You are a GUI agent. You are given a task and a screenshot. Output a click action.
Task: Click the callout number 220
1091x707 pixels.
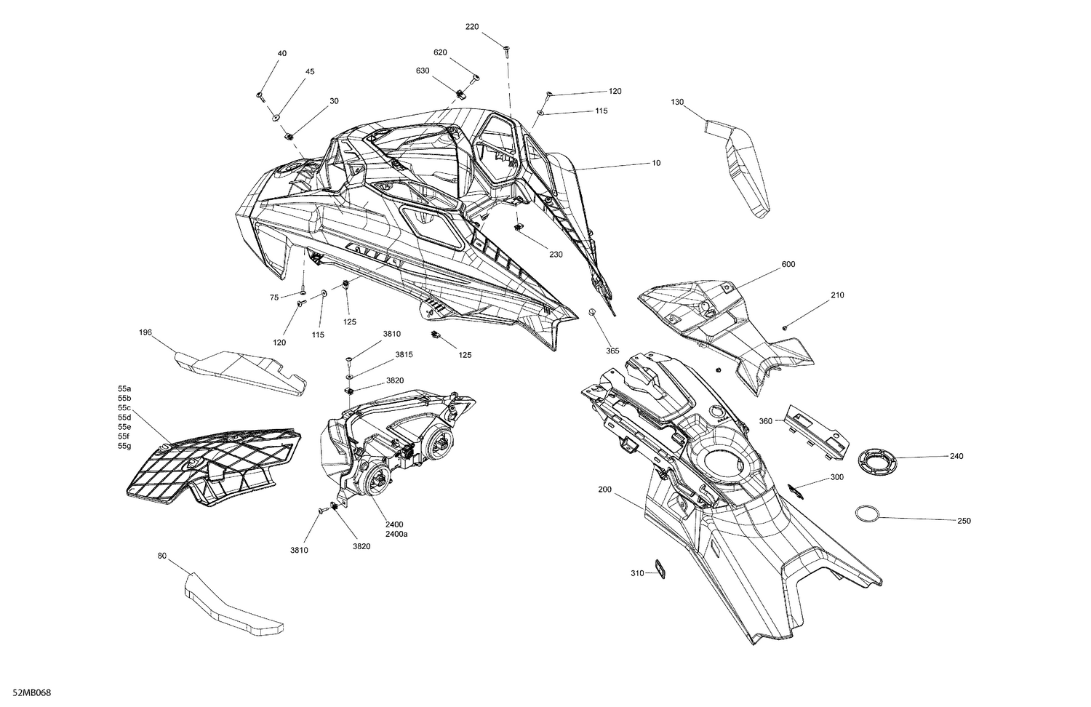click(472, 27)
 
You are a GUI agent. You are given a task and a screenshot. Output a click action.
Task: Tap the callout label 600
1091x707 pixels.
click(788, 264)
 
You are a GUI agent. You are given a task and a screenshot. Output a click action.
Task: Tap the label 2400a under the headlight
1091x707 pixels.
click(396, 534)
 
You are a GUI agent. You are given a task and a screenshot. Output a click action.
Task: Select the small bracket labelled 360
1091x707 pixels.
click(816, 431)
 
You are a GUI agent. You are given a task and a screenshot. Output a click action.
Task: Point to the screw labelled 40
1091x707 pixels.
click(260, 96)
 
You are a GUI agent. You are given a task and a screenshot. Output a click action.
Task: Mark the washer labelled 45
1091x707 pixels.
click(276, 116)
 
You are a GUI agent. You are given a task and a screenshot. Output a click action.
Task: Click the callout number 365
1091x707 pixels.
click(612, 351)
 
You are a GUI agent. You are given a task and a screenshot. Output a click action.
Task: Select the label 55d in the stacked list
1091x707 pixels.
click(124, 418)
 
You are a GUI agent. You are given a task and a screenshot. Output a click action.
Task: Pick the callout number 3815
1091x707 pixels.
click(404, 354)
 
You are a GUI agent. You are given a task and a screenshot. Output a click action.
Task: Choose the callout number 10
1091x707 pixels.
click(656, 163)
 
